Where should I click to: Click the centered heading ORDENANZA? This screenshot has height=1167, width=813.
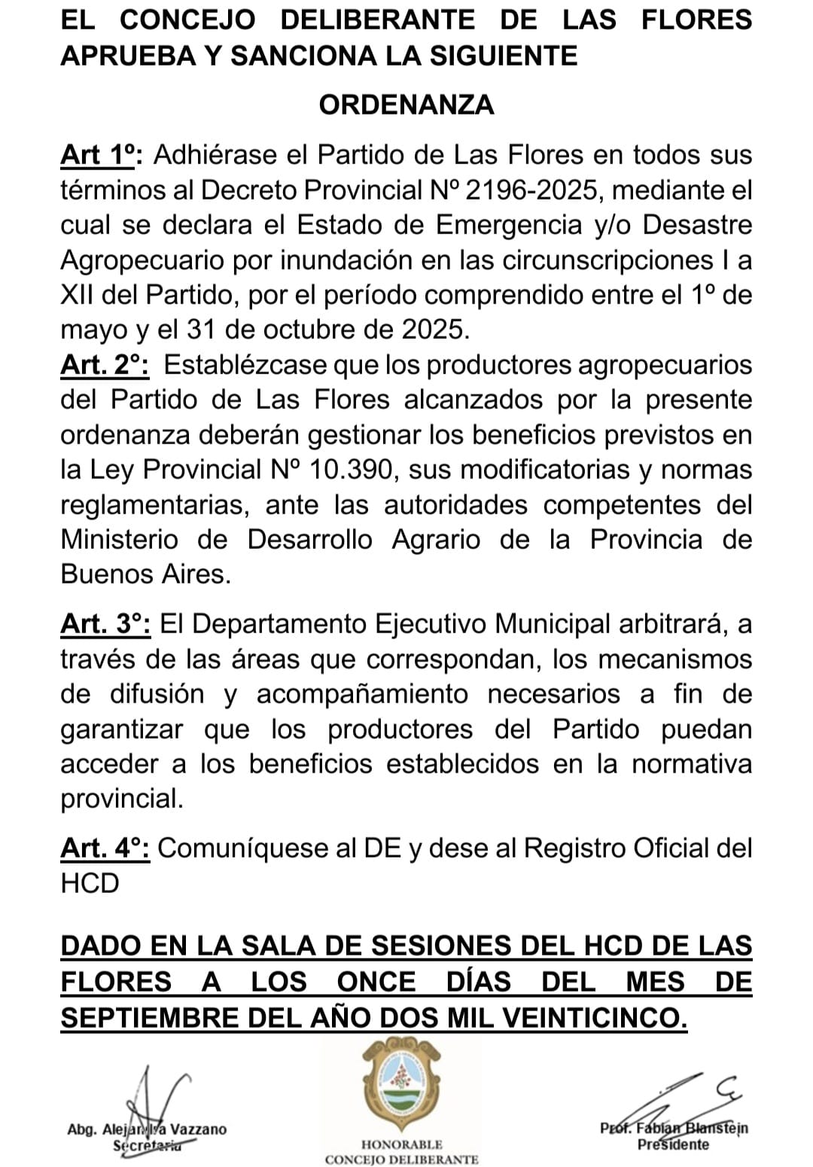click(x=406, y=105)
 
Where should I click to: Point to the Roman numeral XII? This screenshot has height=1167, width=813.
click(x=77, y=295)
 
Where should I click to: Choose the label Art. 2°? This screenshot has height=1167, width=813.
click(x=105, y=365)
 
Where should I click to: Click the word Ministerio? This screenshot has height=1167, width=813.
click(x=120, y=540)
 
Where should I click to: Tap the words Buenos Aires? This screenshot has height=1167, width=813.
click(x=145, y=574)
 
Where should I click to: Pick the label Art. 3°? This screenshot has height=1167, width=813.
click(x=105, y=624)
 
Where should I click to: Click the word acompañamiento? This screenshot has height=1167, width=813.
click(x=362, y=694)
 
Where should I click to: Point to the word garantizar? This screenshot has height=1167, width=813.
click(x=121, y=730)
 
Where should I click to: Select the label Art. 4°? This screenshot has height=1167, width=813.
click(x=105, y=849)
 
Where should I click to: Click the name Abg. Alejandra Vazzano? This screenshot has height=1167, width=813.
click(x=147, y=1129)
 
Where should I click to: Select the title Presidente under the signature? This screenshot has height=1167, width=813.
click(x=673, y=1145)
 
